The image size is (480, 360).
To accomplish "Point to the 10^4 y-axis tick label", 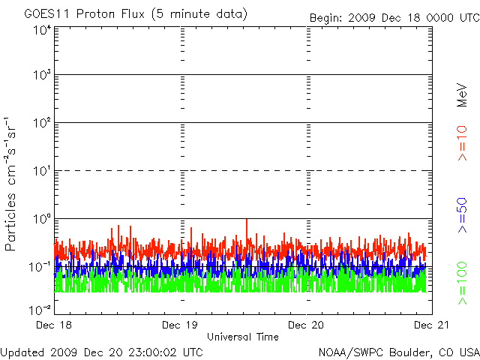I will tap(42, 31).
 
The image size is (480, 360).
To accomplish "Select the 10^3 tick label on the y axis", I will tap(42, 75).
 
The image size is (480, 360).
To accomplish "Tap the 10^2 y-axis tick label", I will tap(42, 123).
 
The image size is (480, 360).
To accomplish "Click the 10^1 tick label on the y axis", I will tap(42, 171).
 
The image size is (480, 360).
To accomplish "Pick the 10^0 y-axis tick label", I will tap(42, 219).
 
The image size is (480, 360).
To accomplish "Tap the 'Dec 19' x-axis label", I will tap(181, 325).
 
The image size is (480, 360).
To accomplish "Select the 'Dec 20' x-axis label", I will tap(306, 325).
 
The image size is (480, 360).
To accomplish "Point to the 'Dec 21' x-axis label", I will tap(430, 325).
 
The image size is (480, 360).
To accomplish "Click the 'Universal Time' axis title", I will tap(243, 337).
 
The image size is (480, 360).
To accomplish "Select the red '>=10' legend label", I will tap(463, 142).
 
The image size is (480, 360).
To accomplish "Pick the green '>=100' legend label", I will tap(463, 283).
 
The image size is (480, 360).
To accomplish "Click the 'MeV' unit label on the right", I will tap(463, 94).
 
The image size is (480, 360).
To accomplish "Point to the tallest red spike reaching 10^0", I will tap(247, 221).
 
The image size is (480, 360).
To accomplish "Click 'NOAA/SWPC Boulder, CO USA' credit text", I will tap(398, 351).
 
